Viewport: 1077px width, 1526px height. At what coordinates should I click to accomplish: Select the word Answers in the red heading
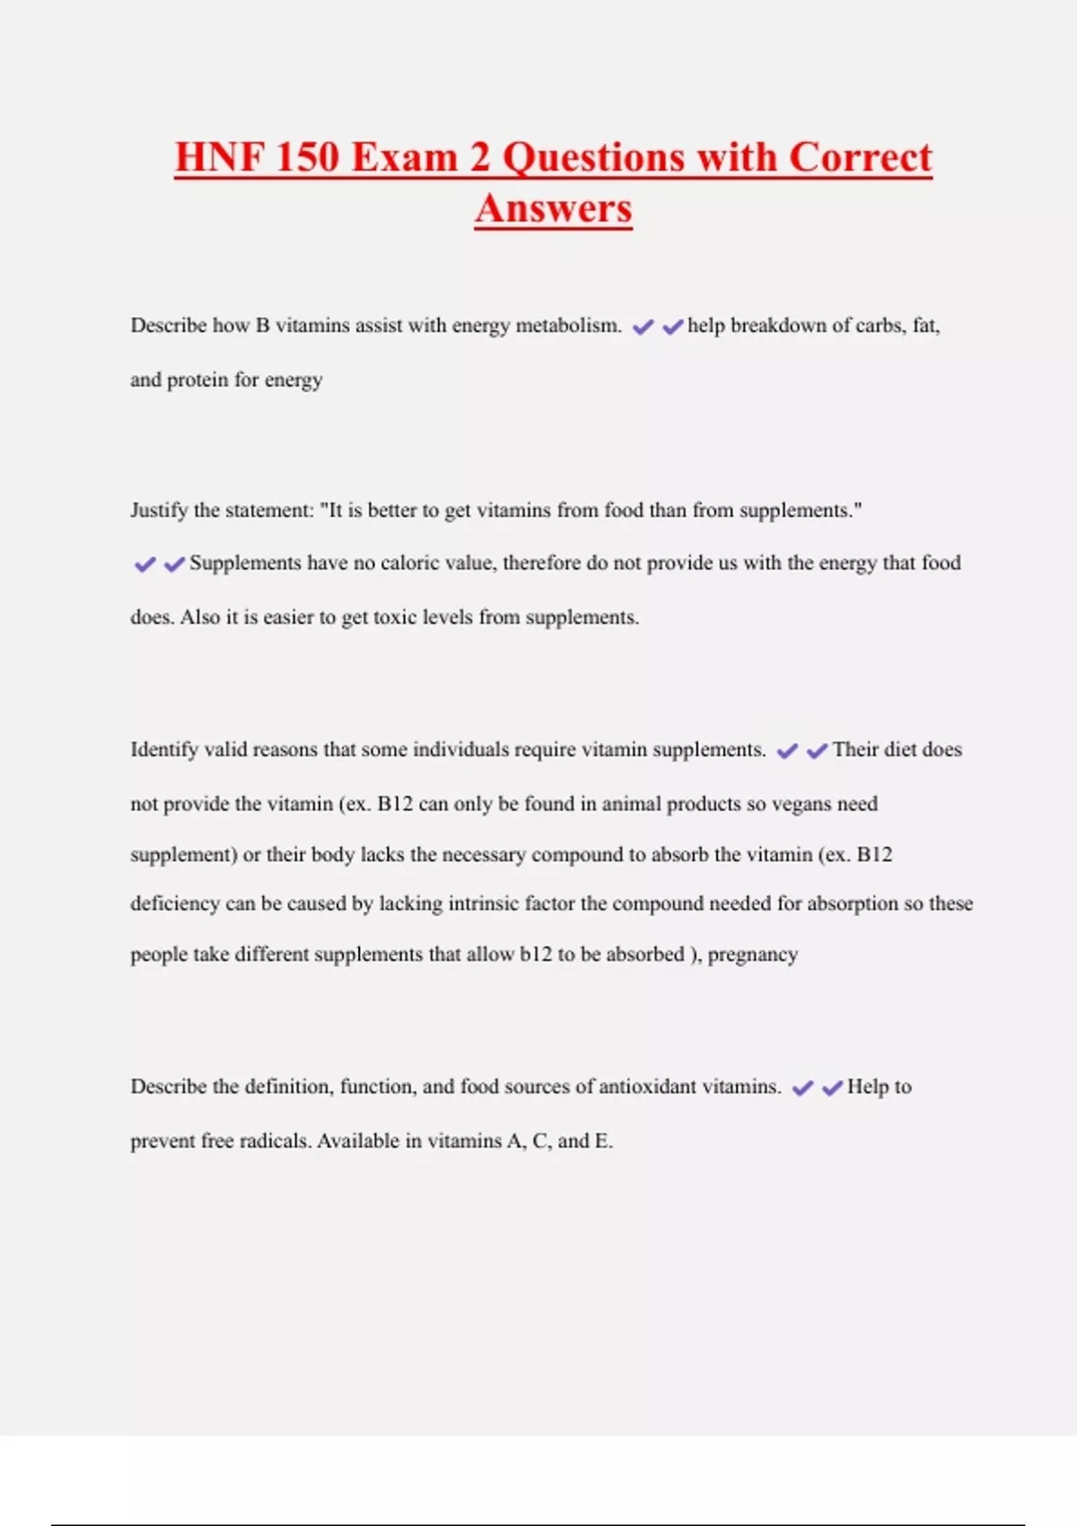pos(554,208)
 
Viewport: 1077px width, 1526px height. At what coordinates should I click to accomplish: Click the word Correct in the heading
pos(861,157)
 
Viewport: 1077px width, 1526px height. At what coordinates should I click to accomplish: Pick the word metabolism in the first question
pos(567,326)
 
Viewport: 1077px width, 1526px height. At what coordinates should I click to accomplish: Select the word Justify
pos(159,511)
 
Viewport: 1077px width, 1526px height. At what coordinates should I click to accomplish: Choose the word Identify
pos(164,750)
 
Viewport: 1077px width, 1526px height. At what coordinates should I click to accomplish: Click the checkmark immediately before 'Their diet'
pos(817,751)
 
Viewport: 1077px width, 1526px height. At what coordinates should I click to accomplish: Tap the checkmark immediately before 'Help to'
pos(832,1088)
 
